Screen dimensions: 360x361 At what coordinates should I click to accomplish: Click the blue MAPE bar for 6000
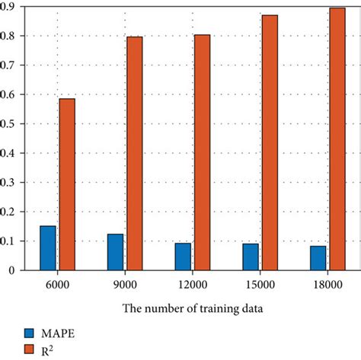(x=48, y=247)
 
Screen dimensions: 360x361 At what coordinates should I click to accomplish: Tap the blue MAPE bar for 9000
(x=115, y=252)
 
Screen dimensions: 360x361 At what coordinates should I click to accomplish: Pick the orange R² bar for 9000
(x=135, y=153)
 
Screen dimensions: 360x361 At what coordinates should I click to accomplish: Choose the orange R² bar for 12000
(x=202, y=152)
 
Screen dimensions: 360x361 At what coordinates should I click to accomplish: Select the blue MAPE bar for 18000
(x=318, y=257)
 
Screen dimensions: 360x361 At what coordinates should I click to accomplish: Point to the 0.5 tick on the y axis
(x=10, y=123)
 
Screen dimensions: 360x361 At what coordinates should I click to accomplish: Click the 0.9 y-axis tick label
(x=10, y=7)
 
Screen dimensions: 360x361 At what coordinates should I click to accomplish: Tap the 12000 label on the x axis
(x=192, y=285)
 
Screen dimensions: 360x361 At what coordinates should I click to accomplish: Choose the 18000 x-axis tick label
(x=327, y=285)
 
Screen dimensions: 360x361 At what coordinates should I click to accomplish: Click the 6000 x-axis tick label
(x=57, y=285)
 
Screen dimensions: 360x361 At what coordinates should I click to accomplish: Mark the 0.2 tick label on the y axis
(x=10, y=212)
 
